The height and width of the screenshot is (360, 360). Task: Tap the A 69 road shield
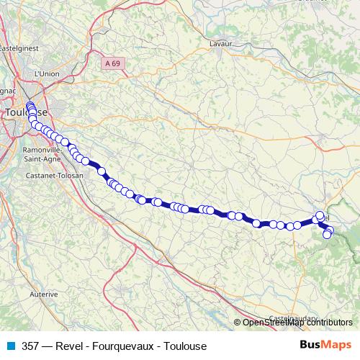(112, 63)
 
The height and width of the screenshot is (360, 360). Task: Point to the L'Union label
(46, 73)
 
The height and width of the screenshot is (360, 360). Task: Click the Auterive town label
(44, 294)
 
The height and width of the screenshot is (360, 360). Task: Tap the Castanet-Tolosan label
(54, 176)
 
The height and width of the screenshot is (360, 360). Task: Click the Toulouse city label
(25, 113)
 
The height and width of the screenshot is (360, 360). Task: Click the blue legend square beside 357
(9, 346)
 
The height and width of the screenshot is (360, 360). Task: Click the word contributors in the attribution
(329, 323)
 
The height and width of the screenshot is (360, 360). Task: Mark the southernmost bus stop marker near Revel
(327, 234)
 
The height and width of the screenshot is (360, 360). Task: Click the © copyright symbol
(238, 323)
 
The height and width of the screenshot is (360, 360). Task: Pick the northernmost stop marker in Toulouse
(30, 107)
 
